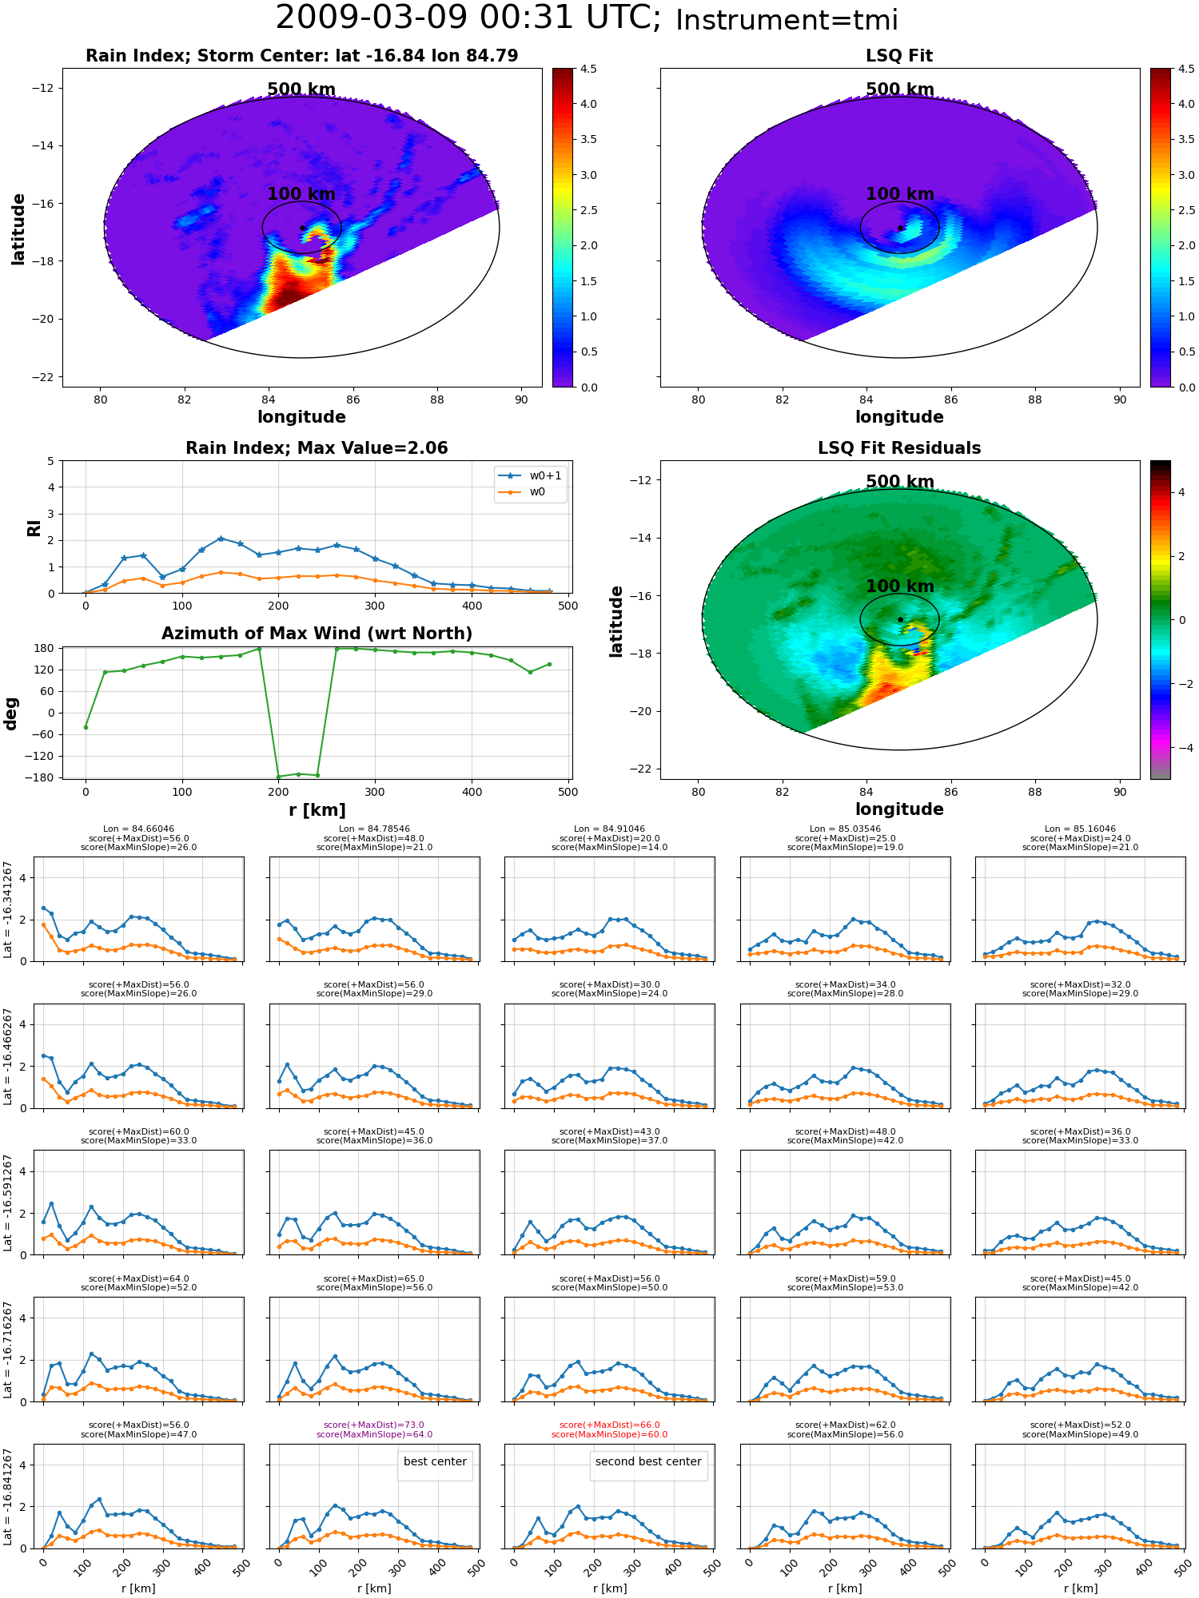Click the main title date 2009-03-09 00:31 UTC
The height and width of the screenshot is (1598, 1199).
click(468, 18)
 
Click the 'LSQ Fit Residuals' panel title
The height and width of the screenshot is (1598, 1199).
click(899, 448)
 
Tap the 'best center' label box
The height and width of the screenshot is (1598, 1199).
click(435, 1461)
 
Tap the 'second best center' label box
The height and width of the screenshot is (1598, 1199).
click(648, 1461)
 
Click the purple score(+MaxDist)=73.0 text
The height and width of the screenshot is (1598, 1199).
click(374, 1425)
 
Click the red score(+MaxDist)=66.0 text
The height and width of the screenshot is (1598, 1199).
click(610, 1425)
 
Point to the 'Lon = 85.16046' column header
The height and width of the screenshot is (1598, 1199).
click(1081, 829)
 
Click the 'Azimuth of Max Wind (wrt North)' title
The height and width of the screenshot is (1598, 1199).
click(317, 634)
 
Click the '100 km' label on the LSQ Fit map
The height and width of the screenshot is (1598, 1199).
click(900, 194)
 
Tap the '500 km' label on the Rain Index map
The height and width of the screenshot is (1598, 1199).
click(301, 89)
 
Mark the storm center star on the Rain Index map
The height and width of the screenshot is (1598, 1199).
click(302, 229)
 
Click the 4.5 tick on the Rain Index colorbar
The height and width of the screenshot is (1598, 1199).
click(588, 69)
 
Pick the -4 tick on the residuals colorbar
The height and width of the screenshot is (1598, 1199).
click(1181, 748)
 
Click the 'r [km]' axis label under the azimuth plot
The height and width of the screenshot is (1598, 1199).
click(317, 810)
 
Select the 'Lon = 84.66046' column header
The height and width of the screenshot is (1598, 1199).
click(138, 829)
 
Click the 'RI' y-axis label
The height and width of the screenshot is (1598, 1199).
click(34, 527)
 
